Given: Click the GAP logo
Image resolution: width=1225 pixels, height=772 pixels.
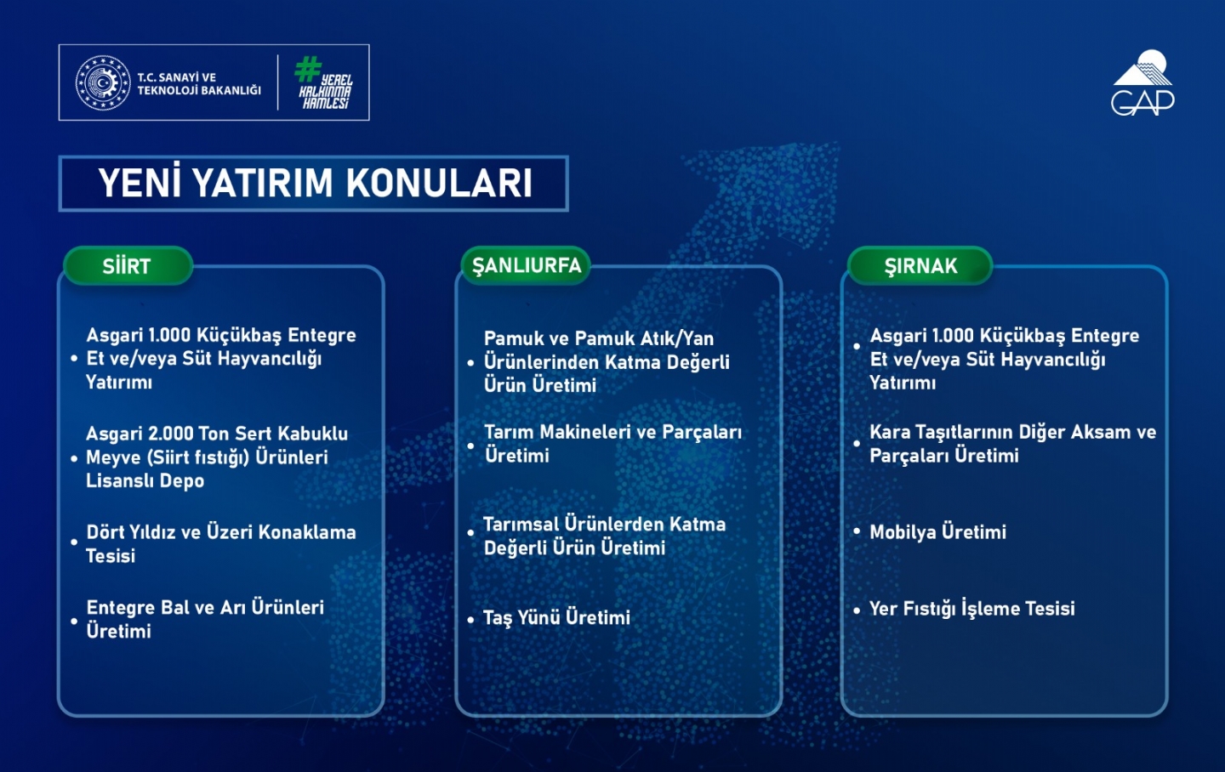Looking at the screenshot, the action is [1142, 82].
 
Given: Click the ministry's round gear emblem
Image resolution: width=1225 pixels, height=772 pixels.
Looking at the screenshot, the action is [103, 82].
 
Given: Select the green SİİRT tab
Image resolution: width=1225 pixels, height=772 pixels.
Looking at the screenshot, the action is [128, 266].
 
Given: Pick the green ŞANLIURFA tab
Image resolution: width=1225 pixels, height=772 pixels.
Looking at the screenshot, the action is [526, 266].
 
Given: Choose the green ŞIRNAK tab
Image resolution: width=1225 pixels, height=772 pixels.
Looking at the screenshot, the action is [920, 266].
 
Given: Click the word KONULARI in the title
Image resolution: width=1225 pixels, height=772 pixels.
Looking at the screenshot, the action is [439, 183].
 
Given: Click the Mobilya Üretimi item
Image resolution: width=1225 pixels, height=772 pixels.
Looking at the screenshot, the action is [937, 532].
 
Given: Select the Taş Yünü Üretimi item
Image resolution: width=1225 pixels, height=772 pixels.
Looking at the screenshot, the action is [556, 618].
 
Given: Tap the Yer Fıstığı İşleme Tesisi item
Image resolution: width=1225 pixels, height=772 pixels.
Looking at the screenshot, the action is [971, 609].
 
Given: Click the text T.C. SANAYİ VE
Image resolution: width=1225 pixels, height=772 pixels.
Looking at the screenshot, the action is [176, 77].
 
